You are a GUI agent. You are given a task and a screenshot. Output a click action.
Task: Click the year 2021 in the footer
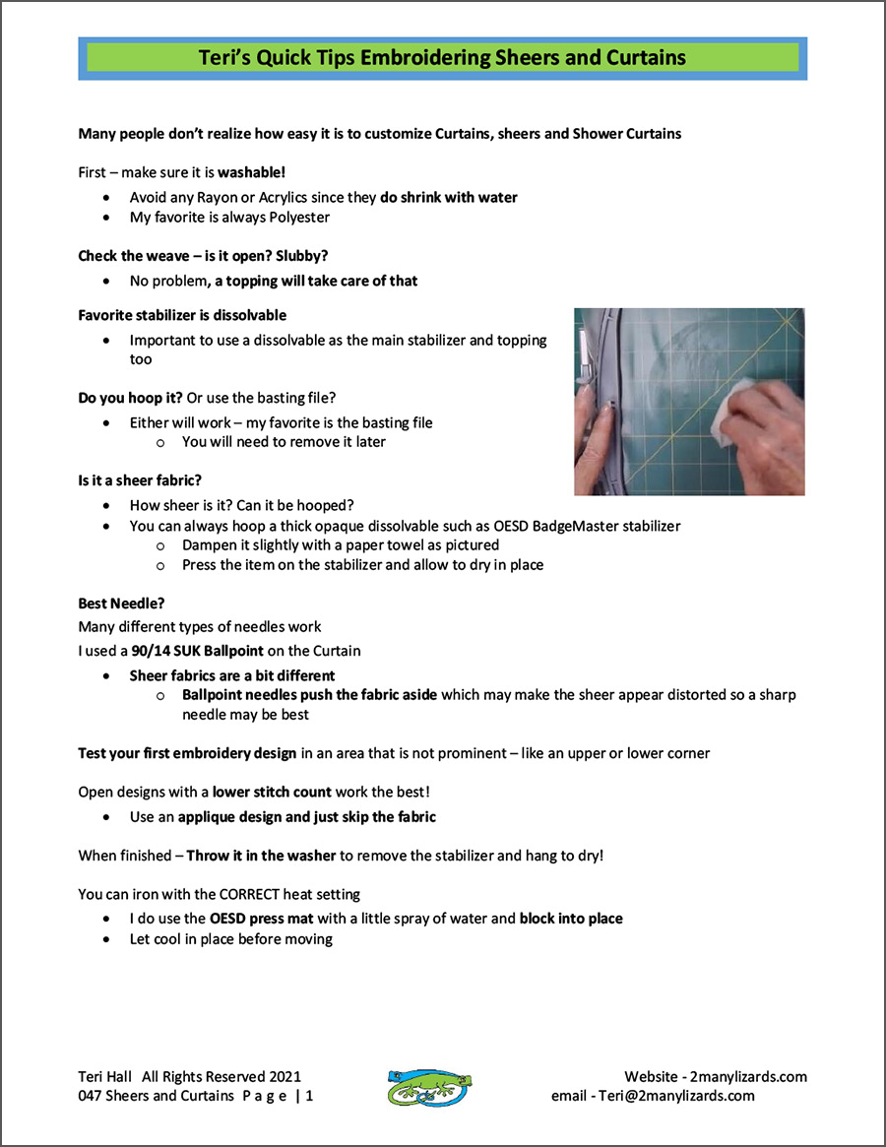click(x=284, y=1076)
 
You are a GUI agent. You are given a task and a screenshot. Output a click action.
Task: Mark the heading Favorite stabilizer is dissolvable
click(x=182, y=315)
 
